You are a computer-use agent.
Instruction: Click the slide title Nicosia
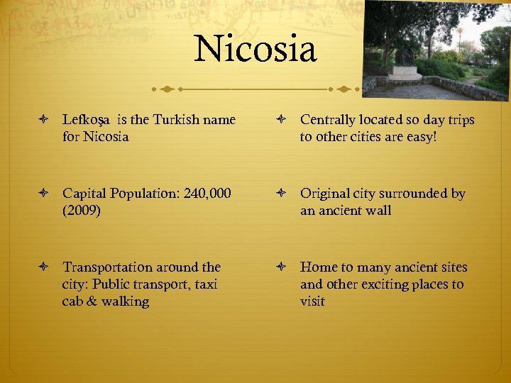click(255, 49)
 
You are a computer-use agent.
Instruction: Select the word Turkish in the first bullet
click(171, 120)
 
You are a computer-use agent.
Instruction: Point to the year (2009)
click(83, 211)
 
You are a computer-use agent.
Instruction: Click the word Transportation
click(106, 267)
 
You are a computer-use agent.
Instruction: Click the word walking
click(125, 301)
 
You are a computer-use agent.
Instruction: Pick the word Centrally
click(329, 120)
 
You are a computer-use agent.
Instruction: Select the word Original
click(325, 194)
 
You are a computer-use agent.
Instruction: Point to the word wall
click(379, 211)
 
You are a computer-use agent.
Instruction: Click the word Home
click(318, 267)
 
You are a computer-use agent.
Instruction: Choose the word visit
click(312, 301)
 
